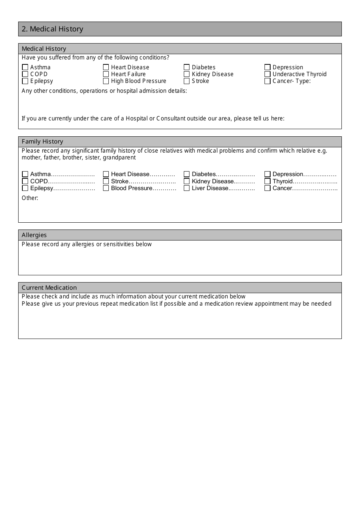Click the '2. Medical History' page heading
[x=52, y=29]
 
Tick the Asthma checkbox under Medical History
[x=25, y=67]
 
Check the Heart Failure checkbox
[x=106, y=74]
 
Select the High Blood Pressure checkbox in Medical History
[x=106, y=81]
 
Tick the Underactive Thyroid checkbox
[x=268, y=74]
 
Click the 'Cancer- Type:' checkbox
[x=268, y=81]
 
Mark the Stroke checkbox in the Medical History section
[x=186, y=81]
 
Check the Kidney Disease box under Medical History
[x=186, y=74]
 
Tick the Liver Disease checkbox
[x=186, y=188]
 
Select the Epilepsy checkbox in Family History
[x=25, y=188]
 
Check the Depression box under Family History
[x=268, y=174]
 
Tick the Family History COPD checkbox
[x=25, y=181]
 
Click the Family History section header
[x=42, y=142]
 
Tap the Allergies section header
[x=34, y=235]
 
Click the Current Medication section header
[x=49, y=288]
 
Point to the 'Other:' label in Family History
[x=30, y=198]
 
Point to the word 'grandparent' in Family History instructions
[x=119, y=158]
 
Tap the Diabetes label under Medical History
[x=203, y=67]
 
